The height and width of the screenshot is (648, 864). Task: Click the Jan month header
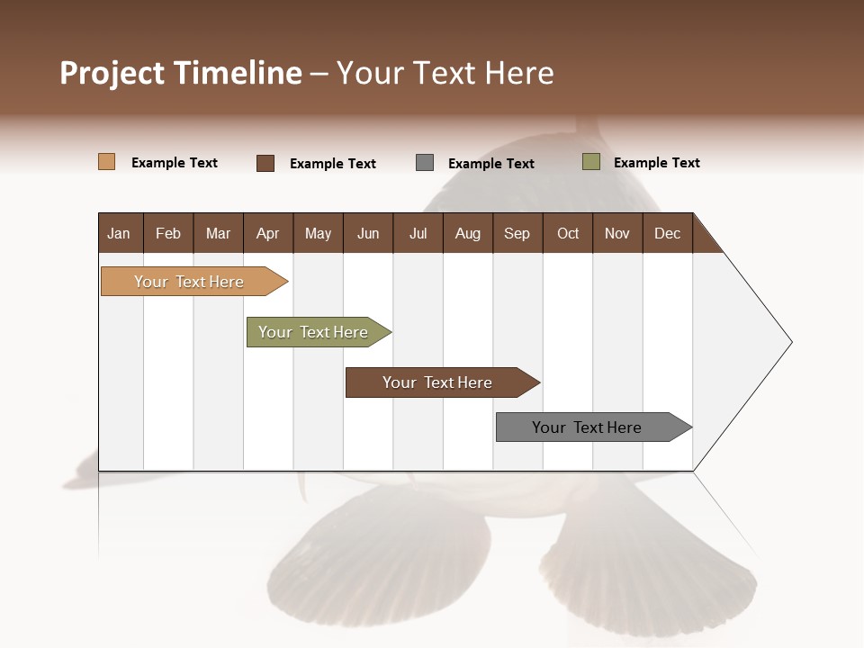click(x=120, y=233)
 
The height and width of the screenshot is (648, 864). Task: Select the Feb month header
click(x=168, y=233)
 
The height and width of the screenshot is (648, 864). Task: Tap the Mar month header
click(x=218, y=233)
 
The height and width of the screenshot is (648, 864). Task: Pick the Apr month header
click(x=268, y=233)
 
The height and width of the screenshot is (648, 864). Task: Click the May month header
click(x=318, y=233)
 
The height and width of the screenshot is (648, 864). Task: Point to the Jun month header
click(x=368, y=233)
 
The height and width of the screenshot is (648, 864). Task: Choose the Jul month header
click(x=418, y=233)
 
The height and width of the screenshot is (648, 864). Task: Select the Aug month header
click(x=468, y=233)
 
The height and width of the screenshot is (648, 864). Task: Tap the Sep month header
click(x=517, y=233)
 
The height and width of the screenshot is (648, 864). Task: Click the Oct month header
click(x=568, y=233)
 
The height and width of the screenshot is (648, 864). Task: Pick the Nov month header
click(x=617, y=233)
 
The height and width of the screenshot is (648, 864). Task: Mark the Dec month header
click(x=668, y=233)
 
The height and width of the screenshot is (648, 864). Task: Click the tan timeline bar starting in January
click(x=189, y=282)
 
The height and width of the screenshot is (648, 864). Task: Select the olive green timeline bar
click(x=313, y=332)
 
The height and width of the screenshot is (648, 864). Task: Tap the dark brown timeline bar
click(x=437, y=382)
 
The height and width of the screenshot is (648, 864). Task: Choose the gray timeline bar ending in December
click(x=587, y=427)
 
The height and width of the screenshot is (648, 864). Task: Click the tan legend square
click(x=107, y=162)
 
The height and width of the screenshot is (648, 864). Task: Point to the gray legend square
click(x=425, y=163)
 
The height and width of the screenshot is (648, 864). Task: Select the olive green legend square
click(x=591, y=162)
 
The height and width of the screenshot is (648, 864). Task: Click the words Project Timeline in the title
click(x=181, y=73)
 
